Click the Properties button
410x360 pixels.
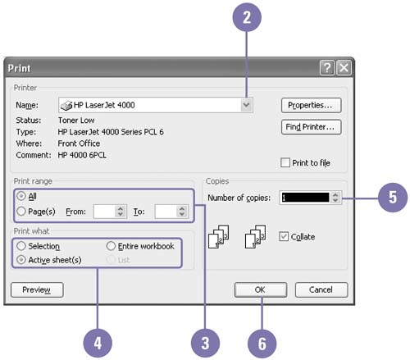click(311, 105)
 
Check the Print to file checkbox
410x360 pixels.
click(285, 162)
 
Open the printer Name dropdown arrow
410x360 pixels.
click(246, 105)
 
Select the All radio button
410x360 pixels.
click(21, 196)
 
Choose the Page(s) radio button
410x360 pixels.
click(21, 211)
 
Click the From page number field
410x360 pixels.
click(104, 212)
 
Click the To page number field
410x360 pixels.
click(166, 212)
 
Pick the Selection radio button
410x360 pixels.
click(21, 246)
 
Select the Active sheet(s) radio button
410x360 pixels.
click(21, 260)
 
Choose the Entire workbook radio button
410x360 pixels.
click(111, 246)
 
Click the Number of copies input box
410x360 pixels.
click(305, 198)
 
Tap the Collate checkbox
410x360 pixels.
click(284, 236)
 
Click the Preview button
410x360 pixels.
click(37, 289)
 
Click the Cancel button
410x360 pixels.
click(321, 289)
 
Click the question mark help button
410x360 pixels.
click(327, 67)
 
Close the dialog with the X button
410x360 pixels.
click(344, 67)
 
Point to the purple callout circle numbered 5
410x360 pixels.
click(393, 197)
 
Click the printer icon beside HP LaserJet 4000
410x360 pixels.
click(66, 105)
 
